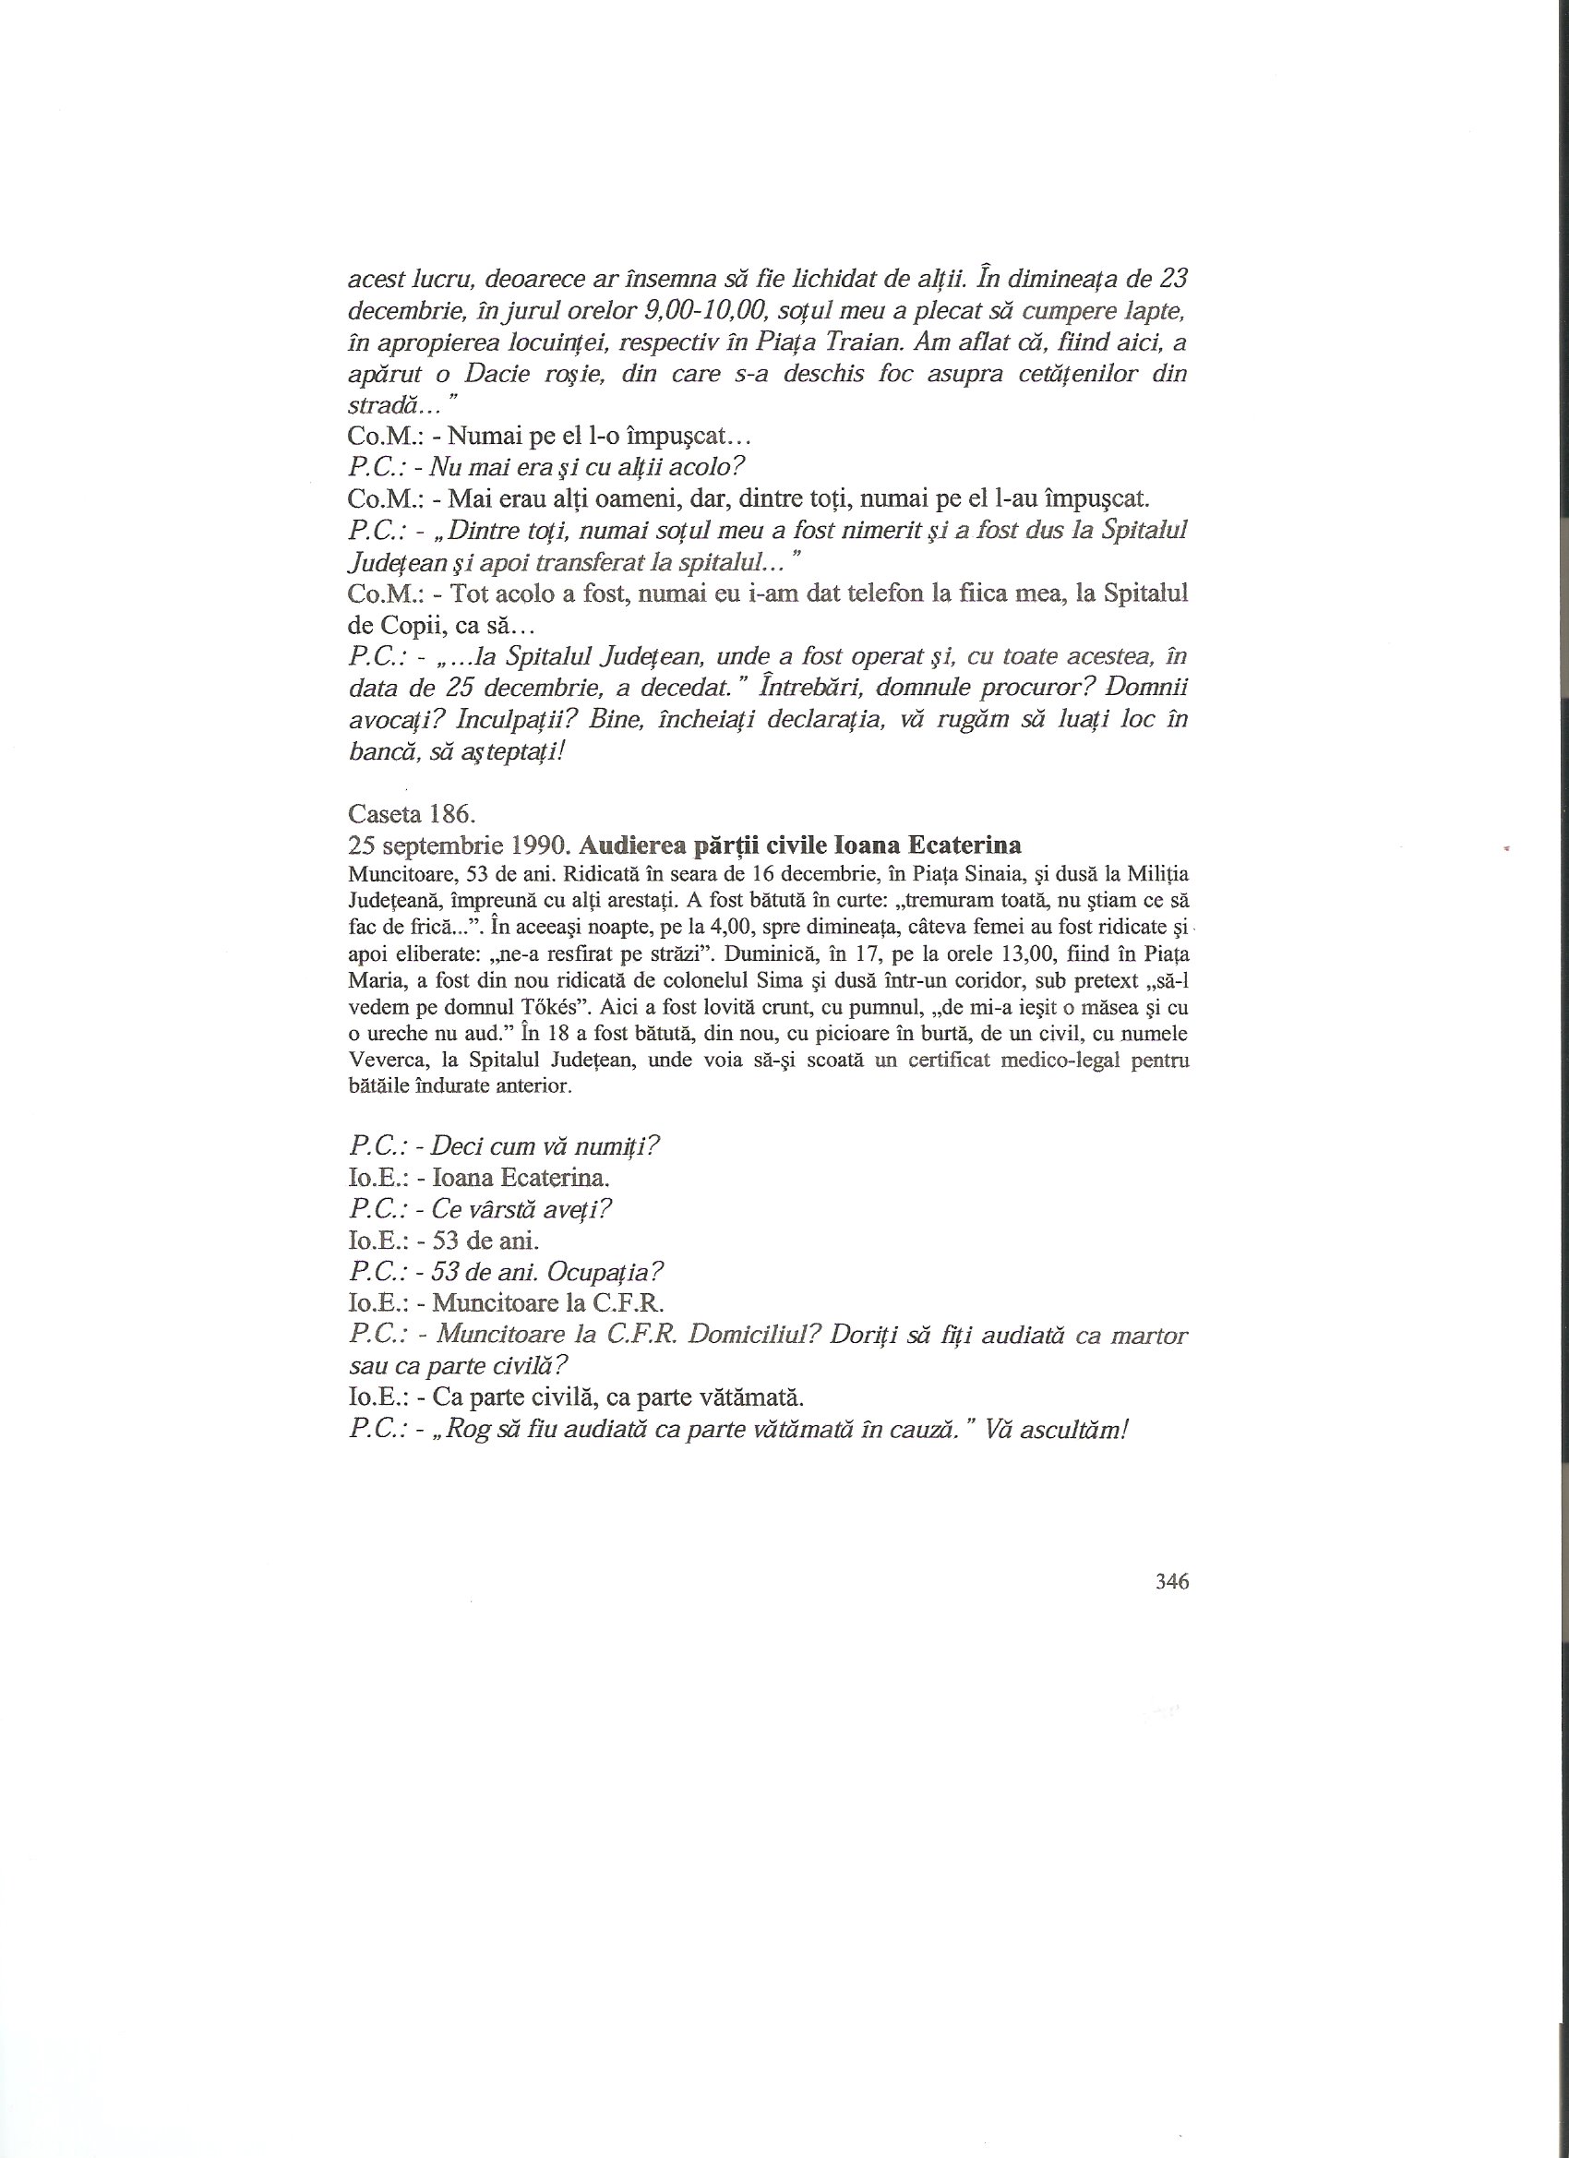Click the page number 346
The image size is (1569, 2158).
coord(1171,1581)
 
